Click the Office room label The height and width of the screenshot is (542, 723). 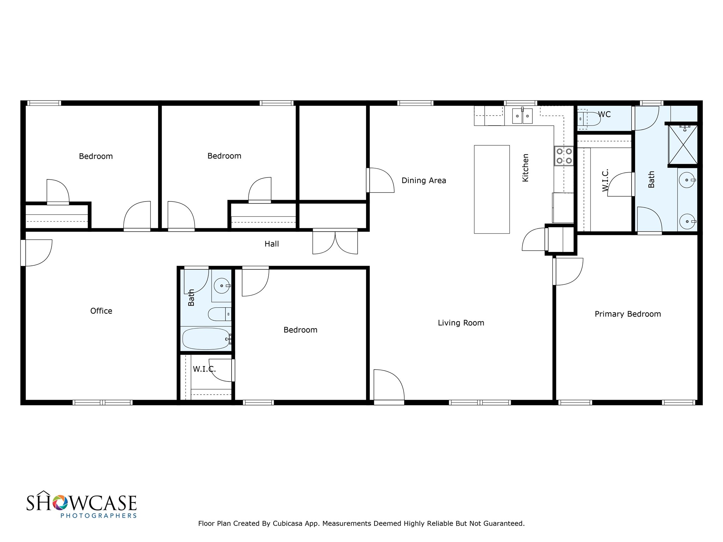coord(101,311)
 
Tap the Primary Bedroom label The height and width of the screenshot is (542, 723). coord(628,314)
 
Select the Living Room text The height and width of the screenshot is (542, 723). coord(461,323)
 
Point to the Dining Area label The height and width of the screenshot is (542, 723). coord(424,181)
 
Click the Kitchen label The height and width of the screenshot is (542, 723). coord(526,168)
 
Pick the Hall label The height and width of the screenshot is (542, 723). coord(272,244)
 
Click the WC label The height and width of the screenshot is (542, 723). coord(604,115)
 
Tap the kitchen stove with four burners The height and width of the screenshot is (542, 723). coord(564,156)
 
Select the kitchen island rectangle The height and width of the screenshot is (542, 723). coord(491,189)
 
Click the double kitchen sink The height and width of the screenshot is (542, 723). coord(522,116)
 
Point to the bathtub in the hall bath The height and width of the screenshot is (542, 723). coord(206,339)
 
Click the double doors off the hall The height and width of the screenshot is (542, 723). coord(335,242)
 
